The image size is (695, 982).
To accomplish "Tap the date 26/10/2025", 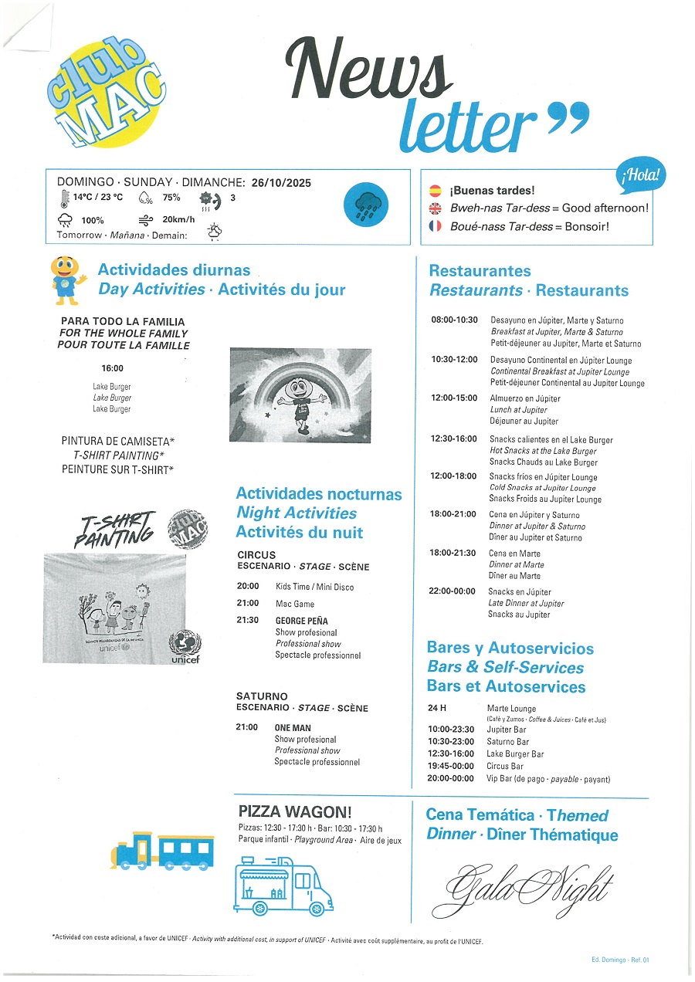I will [280, 182].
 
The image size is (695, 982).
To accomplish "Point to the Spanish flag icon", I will [435, 190].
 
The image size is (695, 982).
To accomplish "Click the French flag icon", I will [435, 226].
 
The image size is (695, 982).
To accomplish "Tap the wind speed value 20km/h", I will [178, 219].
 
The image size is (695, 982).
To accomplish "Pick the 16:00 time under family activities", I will [112, 368].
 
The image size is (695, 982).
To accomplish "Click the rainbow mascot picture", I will [300, 394].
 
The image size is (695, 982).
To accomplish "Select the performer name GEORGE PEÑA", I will [302, 621].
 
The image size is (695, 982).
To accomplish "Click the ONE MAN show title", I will [293, 727].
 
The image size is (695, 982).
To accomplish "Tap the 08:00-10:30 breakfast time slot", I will [454, 320].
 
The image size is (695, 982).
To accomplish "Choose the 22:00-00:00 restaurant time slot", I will [454, 591].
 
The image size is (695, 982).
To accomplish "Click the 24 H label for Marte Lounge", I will [438, 708].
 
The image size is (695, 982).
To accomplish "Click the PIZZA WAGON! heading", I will [295, 811].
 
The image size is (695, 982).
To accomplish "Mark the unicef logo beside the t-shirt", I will [186, 645].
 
